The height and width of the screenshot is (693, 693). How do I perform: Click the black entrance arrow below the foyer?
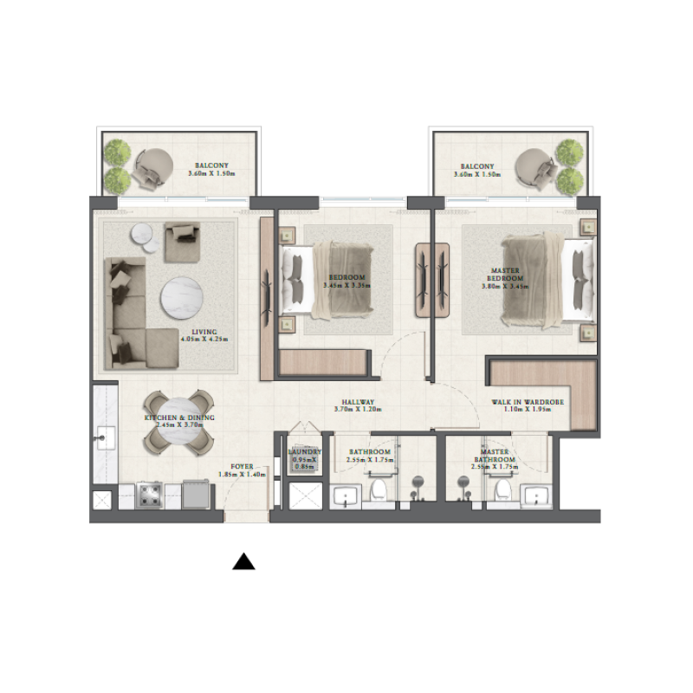[244, 563]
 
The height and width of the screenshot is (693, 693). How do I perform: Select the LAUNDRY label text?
[305, 452]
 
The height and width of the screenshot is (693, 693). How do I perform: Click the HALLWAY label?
[357, 403]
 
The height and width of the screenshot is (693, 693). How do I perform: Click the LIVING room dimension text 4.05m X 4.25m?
[204, 340]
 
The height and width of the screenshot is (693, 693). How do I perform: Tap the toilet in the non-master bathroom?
[378, 493]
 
